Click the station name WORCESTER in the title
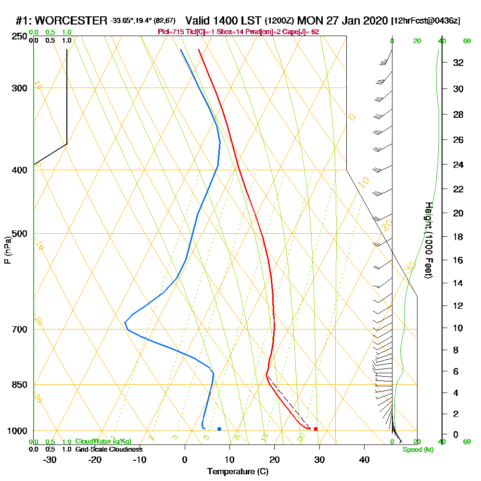[71, 21]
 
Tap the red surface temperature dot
[316, 429]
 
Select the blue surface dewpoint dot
[219, 429]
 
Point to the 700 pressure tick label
[18, 329]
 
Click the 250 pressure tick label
[18, 36]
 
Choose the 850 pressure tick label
[18, 385]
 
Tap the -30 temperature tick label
[50, 459]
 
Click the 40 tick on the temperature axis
[364, 459]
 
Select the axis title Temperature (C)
[238, 472]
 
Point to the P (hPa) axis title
[8, 250]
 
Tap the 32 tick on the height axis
[458, 63]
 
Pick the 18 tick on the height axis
[458, 237]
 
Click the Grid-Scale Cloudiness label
[108, 449]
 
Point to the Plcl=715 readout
[170, 32]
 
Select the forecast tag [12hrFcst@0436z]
[426, 21]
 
